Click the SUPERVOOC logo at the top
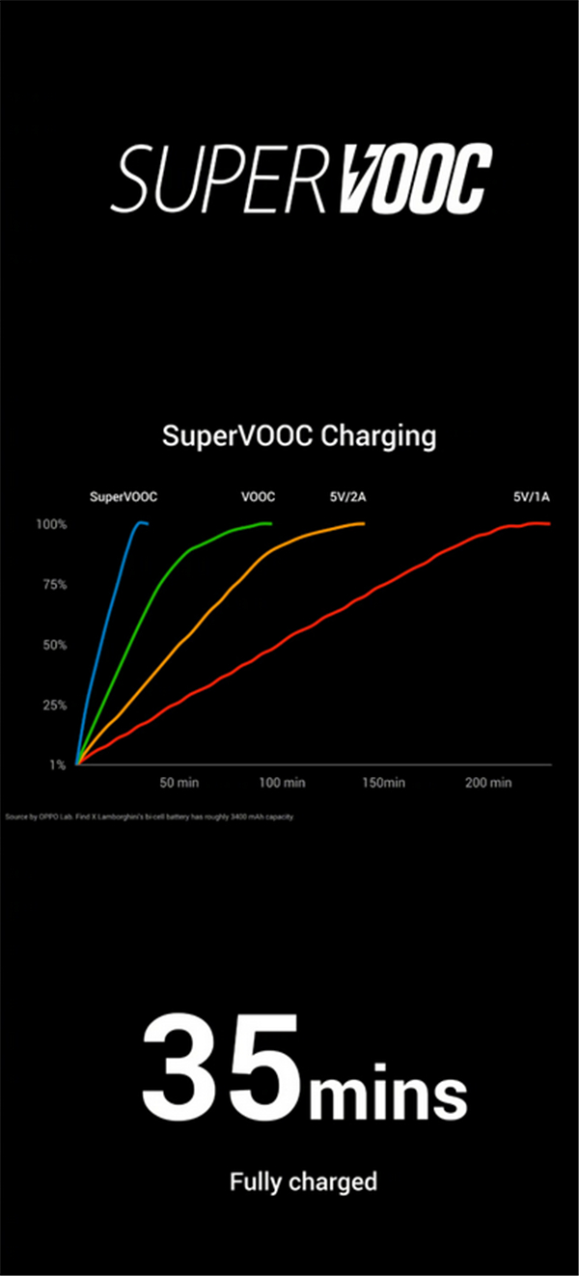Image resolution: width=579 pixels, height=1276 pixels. coord(300,180)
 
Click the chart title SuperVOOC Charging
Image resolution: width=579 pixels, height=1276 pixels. coord(299,435)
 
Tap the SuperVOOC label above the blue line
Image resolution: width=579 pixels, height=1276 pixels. coord(124,497)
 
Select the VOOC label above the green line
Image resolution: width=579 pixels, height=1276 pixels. coord(258,497)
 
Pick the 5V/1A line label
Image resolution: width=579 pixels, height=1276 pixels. coord(531,497)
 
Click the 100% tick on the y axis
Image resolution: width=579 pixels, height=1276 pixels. coord(51,524)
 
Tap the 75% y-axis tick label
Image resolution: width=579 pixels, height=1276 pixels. coord(53,585)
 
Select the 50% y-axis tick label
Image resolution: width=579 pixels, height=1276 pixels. coord(53,645)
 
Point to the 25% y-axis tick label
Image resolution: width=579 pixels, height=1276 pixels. coord(53,705)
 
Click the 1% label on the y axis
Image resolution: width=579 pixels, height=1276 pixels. coord(57,764)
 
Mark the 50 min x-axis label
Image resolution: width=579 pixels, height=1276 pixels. coord(179,782)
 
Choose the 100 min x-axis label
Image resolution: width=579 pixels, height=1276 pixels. coord(282,782)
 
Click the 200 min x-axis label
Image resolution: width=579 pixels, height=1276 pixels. coord(487,782)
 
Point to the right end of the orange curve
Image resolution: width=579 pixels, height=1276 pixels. coord(363,523)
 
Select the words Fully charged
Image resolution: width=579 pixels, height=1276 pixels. coord(303,1181)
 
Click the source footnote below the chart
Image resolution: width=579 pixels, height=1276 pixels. coord(149,817)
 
